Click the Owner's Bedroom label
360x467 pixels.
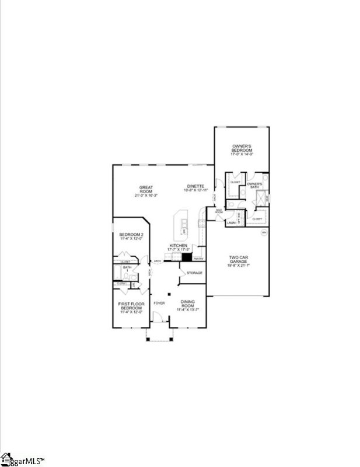[x=242, y=148]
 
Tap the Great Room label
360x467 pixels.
[x=146, y=190]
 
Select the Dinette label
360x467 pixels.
[x=195, y=187]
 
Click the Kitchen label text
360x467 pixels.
[x=178, y=246]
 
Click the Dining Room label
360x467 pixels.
[x=188, y=304]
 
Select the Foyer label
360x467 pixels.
[x=159, y=304]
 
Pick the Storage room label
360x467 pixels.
[x=195, y=273]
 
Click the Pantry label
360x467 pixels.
[x=198, y=257]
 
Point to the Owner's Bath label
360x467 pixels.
[x=254, y=186]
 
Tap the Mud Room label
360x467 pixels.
[x=219, y=211]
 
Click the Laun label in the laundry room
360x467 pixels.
[x=231, y=222]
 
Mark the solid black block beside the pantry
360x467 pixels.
[x=187, y=257]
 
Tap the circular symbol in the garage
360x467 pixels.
[x=263, y=232]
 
